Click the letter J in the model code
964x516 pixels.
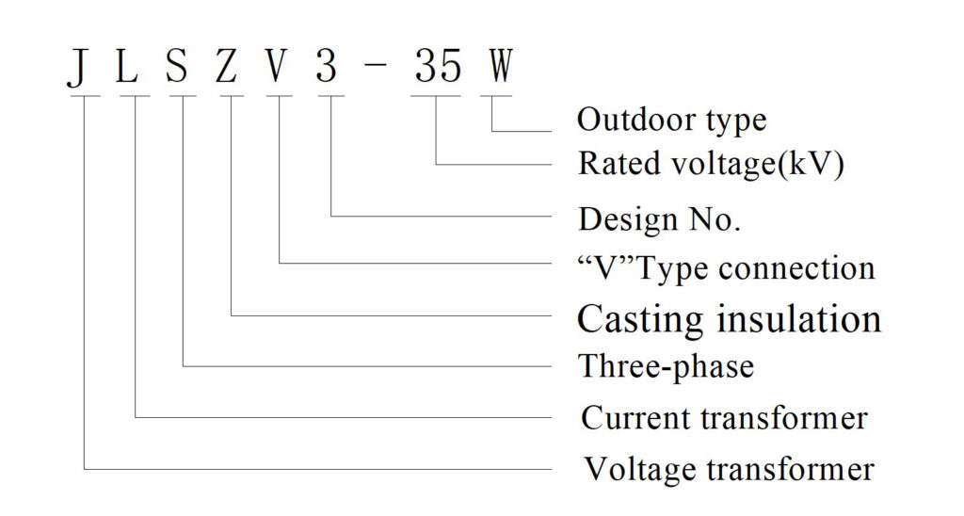click(77, 67)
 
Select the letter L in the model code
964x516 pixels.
click(126, 66)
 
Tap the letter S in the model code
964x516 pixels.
click(176, 66)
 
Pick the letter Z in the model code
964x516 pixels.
click(226, 66)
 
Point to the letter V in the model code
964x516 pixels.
click(277, 66)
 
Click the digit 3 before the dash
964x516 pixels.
click(327, 66)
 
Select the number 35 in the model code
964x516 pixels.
click(438, 66)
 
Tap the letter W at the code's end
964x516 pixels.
click(500, 66)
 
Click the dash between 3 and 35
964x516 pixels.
click(377, 67)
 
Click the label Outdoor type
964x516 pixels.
click(671, 120)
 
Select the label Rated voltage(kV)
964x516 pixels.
click(712, 164)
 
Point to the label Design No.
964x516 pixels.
click(659, 219)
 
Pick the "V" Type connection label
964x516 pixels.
click(726, 268)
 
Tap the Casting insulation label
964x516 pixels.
click(730, 318)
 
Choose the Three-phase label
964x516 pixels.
click(667, 366)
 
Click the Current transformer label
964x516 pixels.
click(724, 418)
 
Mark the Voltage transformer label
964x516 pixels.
click(729, 469)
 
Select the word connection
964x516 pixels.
click(796, 268)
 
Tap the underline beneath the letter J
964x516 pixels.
click(84, 96)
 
